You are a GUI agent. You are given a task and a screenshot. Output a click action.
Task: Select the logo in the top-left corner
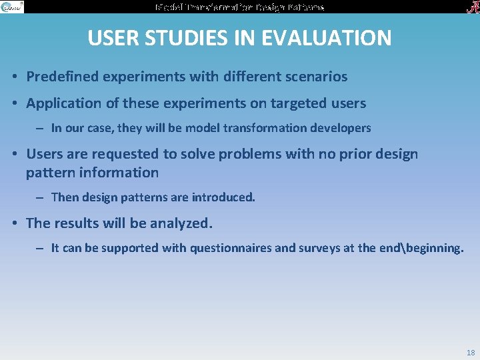pos(12,7)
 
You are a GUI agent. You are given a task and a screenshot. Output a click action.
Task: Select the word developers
pos(343,127)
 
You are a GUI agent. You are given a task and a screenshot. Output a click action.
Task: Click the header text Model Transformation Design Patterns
pos(240,7)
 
